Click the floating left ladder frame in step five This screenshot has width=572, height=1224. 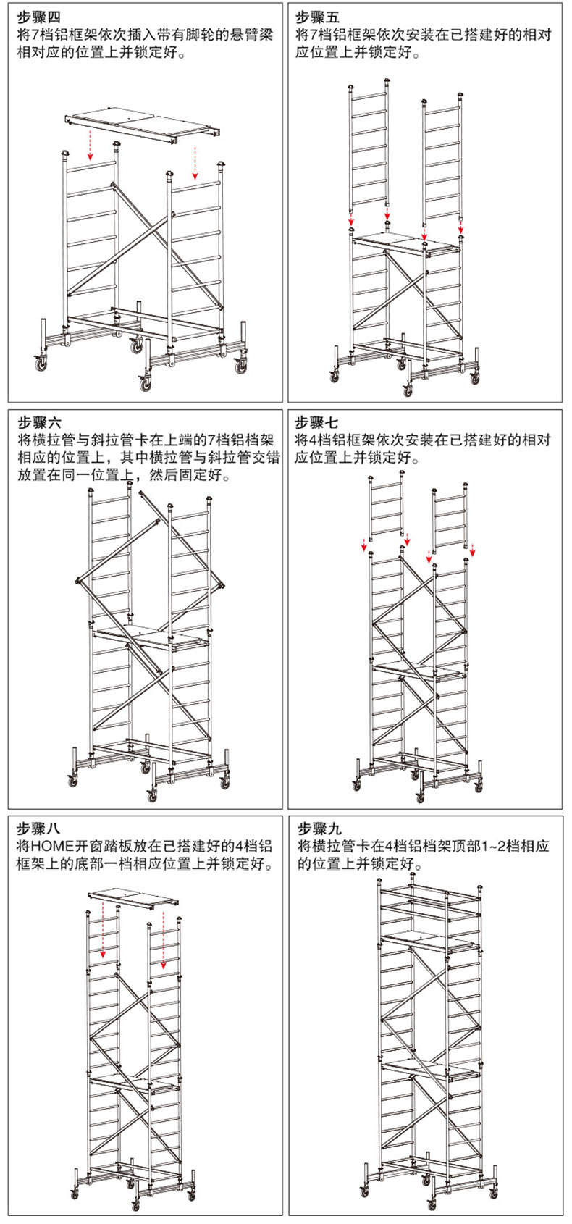coord(369,148)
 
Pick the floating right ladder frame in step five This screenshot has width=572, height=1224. coord(441,156)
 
